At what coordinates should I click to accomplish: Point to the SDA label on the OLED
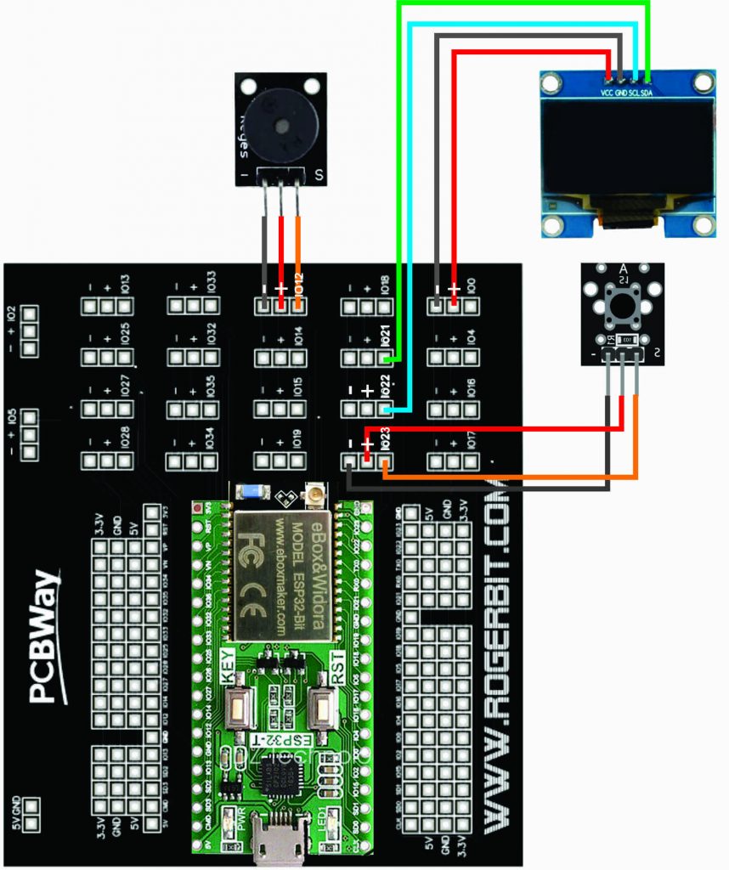tap(647, 92)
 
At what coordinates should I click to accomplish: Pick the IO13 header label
tap(125, 284)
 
